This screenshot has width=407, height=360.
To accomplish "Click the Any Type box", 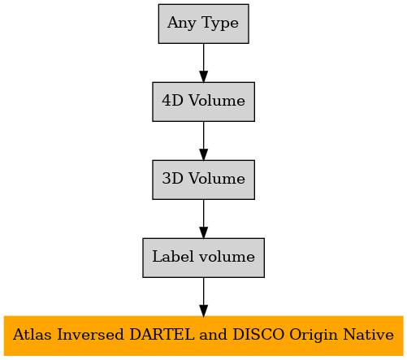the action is click(x=203, y=24).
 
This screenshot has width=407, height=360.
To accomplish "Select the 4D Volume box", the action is click(x=203, y=102).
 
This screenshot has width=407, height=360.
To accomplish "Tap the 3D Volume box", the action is click(x=203, y=180).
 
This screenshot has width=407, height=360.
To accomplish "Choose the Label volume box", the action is click(x=203, y=258).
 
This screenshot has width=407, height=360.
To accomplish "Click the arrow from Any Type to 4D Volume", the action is click(x=203, y=63).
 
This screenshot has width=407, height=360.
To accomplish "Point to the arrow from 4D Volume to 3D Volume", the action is click(x=203, y=141).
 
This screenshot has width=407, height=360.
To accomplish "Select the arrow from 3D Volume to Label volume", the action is click(x=203, y=219).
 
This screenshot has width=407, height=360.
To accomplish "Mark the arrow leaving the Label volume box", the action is click(x=203, y=297).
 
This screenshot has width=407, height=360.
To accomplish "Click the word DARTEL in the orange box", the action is click(x=162, y=334).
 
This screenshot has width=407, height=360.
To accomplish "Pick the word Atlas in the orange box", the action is click(x=32, y=334).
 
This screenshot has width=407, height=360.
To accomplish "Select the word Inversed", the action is click(x=90, y=334).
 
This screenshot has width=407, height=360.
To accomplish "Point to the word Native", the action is click(x=369, y=334).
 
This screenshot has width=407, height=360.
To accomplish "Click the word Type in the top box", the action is click(x=220, y=24).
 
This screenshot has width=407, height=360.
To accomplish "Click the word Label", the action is click(x=174, y=256).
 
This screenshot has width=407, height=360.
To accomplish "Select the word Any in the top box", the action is click(x=182, y=24).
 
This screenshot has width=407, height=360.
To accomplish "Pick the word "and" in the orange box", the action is click(x=214, y=334).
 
